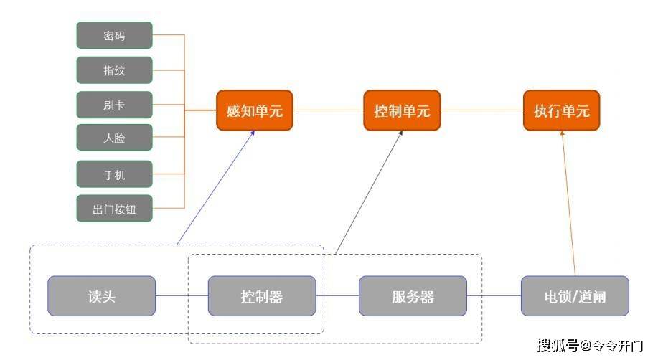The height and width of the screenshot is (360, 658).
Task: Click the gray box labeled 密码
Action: (114, 35)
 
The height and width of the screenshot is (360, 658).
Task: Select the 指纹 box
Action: (114, 70)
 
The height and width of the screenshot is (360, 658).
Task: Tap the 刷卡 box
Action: (114, 105)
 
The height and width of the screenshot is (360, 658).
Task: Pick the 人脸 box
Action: (114, 138)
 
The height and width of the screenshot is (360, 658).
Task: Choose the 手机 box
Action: (114, 174)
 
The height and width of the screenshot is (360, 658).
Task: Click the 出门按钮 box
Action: (114, 209)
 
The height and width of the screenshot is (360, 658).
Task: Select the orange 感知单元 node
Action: (255, 110)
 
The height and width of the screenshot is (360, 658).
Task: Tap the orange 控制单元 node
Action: (402, 110)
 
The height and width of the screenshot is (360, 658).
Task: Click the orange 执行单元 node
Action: (561, 110)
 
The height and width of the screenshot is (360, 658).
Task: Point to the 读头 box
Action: (101, 296)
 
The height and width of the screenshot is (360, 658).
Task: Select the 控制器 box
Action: (262, 296)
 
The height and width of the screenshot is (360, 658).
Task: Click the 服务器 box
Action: (413, 296)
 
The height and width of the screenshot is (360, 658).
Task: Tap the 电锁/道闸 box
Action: (574, 296)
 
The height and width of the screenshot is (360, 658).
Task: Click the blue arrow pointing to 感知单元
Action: (215, 188)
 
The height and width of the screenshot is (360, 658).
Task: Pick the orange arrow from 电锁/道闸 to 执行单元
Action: (568, 204)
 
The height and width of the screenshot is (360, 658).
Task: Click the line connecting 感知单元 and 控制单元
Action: (328, 110)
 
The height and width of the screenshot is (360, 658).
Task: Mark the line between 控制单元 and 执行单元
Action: (481, 110)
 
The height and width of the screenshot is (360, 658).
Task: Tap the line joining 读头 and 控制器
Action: (182, 296)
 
